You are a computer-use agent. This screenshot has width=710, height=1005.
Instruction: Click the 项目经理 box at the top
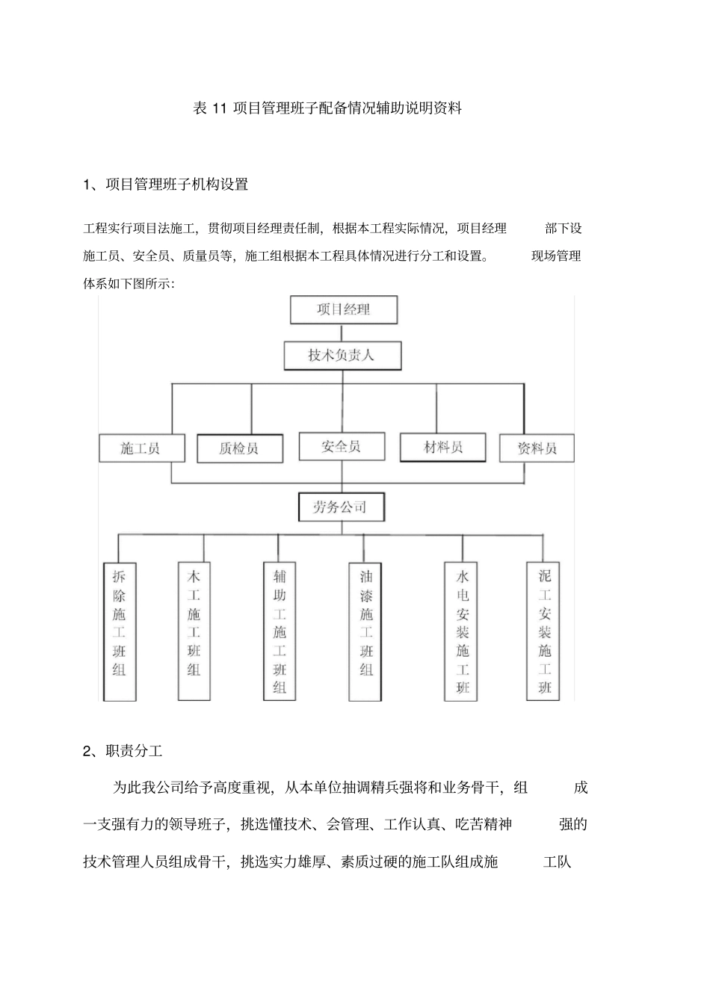pos(343,309)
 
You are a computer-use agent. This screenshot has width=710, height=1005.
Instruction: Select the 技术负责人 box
pos(342,356)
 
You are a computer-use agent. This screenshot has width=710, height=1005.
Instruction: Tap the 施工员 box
pos(140,448)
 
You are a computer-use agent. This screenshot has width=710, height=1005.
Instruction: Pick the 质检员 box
pos(240,448)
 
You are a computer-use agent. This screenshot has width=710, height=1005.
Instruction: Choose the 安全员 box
pos(342,447)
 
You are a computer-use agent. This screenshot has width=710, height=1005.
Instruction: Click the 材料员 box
pos(443,447)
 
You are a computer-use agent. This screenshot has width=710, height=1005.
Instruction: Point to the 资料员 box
pos(537,448)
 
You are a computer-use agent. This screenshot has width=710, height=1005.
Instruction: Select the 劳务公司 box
pos(341,507)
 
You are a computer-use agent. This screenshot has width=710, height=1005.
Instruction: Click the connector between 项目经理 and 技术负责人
pos(342,333)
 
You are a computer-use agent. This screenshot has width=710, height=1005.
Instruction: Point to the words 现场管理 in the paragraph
pos(556,256)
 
